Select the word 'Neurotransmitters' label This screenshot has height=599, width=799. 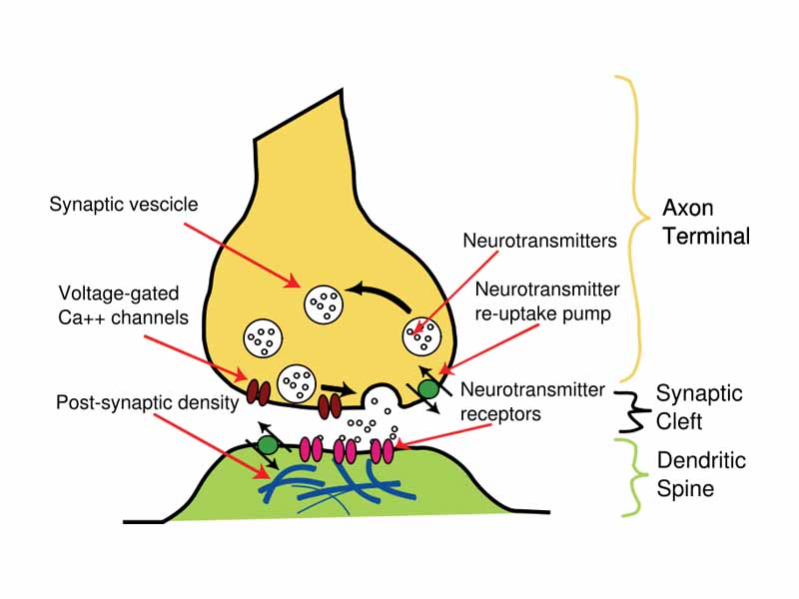(x=538, y=241)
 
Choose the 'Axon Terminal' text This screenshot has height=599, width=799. (x=705, y=223)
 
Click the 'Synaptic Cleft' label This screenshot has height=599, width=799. (x=700, y=406)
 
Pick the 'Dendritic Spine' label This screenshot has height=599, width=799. (x=701, y=475)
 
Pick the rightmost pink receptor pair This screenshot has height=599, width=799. (x=383, y=451)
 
